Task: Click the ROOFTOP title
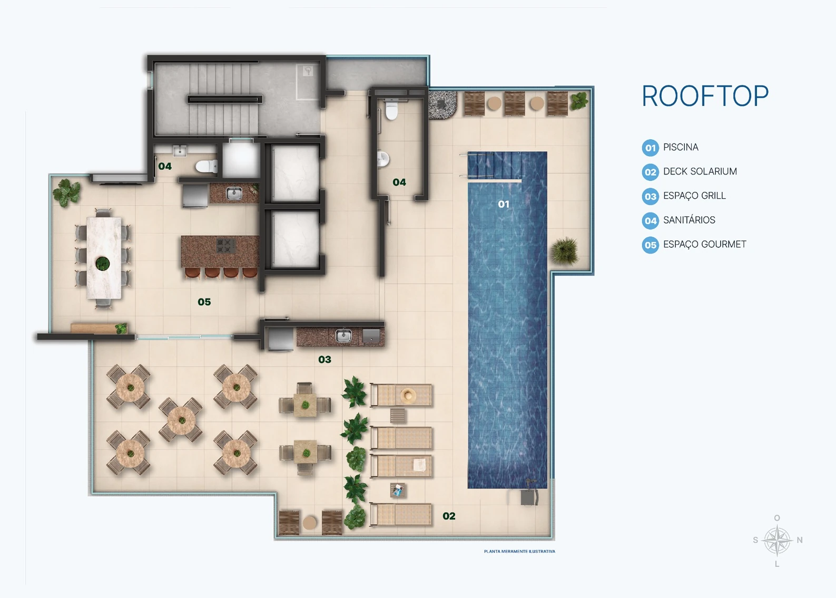click(x=705, y=96)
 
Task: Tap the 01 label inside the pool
click(x=504, y=204)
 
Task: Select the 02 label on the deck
click(x=449, y=516)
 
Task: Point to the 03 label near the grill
click(x=324, y=360)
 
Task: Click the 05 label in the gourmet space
click(x=204, y=302)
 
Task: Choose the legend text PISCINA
click(x=681, y=147)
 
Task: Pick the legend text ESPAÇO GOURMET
click(x=705, y=244)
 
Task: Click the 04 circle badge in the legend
click(x=651, y=221)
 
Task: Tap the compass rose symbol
click(x=778, y=541)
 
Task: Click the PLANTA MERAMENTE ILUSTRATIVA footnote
click(x=519, y=551)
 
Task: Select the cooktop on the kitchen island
click(x=226, y=245)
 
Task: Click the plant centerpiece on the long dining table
click(x=103, y=263)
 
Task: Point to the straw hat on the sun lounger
click(x=407, y=394)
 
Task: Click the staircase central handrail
click(x=225, y=99)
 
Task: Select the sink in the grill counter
click(x=344, y=335)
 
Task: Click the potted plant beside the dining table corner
click(x=67, y=192)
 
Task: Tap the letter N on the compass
click(x=800, y=540)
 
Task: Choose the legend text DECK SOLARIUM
click(x=700, y=171)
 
